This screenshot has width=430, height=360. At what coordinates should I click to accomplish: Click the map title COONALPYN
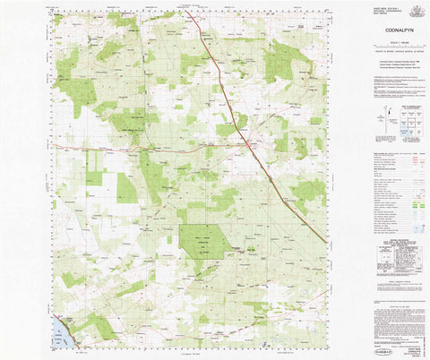pyautogui.click(x=375, y=25)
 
